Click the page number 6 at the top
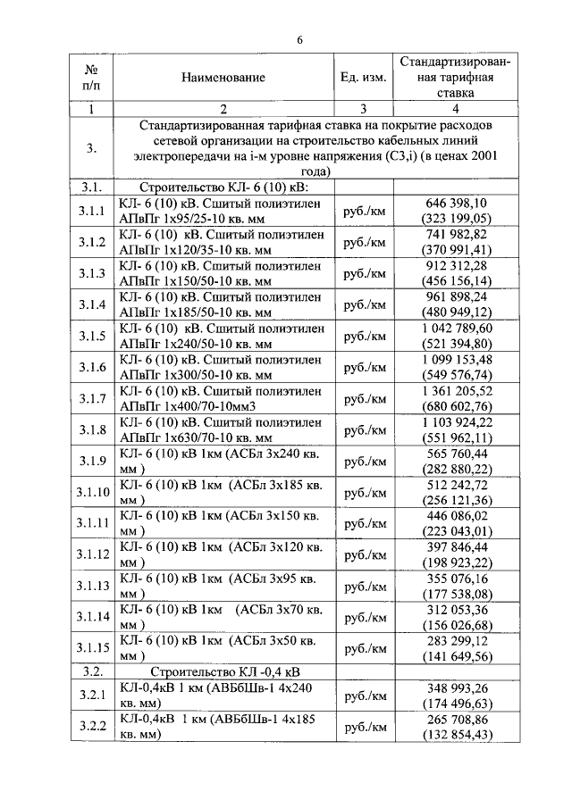coord(299,40)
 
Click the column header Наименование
coord(223,78)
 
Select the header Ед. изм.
coord(363,78)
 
